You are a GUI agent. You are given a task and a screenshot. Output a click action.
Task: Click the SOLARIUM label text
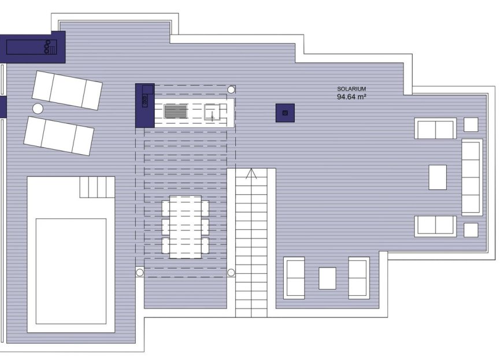pos(351,89)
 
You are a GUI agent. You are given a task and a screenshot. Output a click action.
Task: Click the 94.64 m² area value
pos(351,97)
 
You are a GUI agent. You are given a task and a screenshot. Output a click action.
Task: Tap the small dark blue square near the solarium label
pos(285,113)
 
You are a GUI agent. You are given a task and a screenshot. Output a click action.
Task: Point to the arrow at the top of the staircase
pos(251,173)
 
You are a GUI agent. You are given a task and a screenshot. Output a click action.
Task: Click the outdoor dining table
pos(185,227)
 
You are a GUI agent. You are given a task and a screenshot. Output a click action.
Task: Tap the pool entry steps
pos(97,187)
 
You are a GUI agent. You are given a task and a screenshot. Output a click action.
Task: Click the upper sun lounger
pos(67,90)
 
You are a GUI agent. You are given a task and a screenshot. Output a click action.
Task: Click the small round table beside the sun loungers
pos(38,108)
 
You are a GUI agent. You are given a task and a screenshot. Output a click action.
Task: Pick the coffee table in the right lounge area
pos(437,177)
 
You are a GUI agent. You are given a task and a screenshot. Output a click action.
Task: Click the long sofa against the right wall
pos(471,177)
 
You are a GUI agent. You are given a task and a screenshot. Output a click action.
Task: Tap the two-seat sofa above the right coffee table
pos(435,128)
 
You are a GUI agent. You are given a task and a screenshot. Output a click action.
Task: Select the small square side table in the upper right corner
pos(471,125)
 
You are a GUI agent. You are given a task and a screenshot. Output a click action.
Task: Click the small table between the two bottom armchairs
pos(327,278)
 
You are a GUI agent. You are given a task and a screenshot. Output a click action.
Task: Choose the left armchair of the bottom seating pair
pos(294,278)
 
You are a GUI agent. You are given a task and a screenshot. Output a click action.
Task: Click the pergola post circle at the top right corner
pos(231,90)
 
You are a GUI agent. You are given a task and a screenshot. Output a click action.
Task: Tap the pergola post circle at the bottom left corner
pos(139,272)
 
